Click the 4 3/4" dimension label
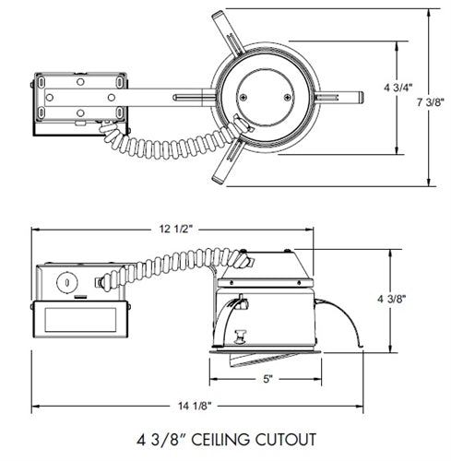coord(398,88)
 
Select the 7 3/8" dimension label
coord(430,101)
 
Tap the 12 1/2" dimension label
coord(176,229)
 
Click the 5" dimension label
coord(268,379)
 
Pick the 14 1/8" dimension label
coord(195,406)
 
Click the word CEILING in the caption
coord(220,440)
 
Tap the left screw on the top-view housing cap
coord(243,98)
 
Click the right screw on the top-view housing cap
coord(288,98)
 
